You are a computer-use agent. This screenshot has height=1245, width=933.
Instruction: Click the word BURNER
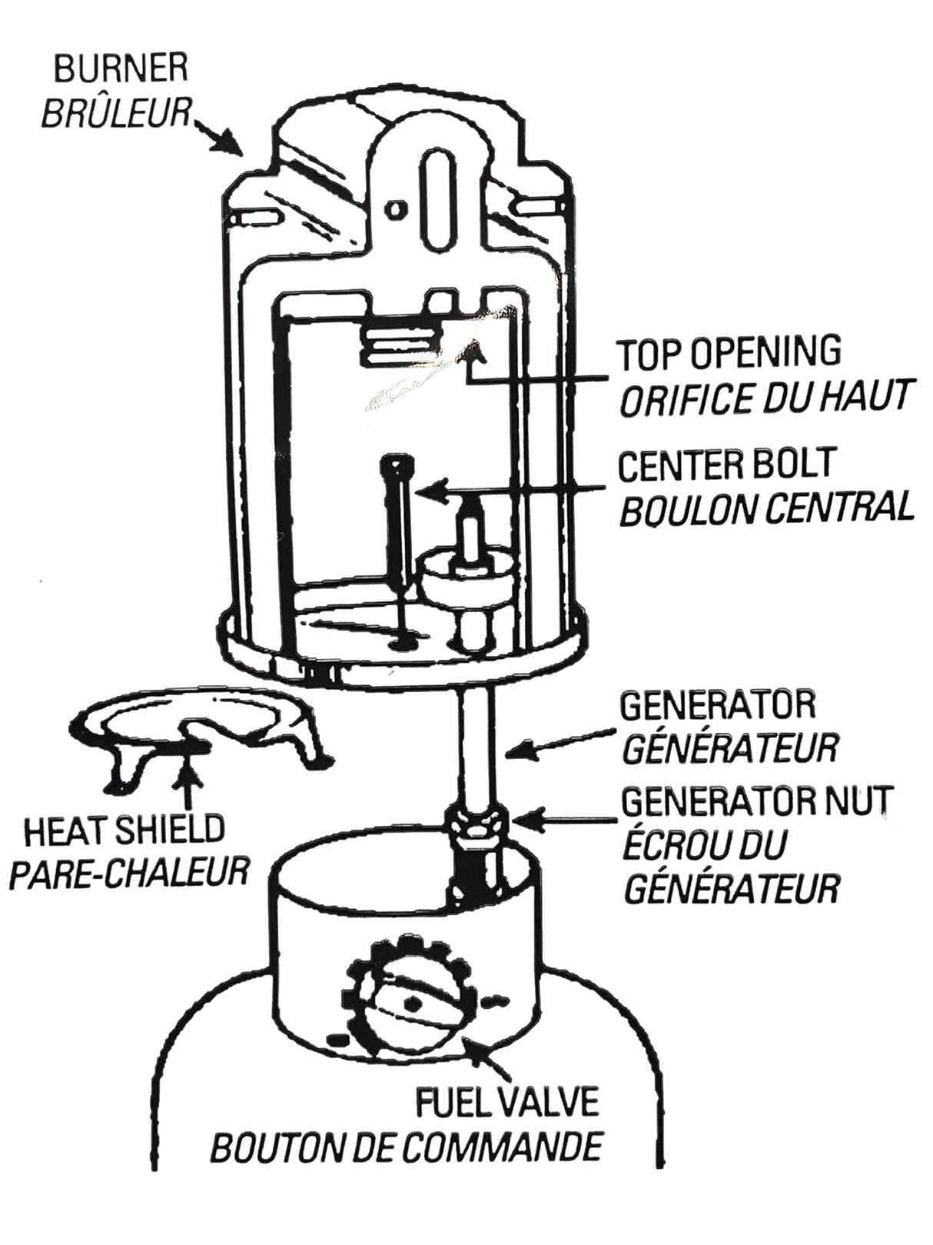point(121,70)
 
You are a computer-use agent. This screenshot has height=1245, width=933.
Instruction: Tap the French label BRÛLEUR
point(115,114)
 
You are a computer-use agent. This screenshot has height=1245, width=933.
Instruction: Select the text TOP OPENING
point(729,353)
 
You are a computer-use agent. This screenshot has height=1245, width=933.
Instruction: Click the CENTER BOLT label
point(726,464)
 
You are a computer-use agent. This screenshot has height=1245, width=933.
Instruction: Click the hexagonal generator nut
point(475,822)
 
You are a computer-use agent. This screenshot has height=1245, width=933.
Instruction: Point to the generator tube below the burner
point(476,738)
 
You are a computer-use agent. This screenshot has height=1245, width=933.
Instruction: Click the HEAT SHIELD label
point(124,830)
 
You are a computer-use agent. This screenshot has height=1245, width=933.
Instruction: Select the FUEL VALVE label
point(506,1103)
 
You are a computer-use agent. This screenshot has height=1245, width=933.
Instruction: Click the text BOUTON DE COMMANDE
point(407,1148)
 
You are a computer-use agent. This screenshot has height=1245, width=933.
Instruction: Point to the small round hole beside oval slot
point(395,208)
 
